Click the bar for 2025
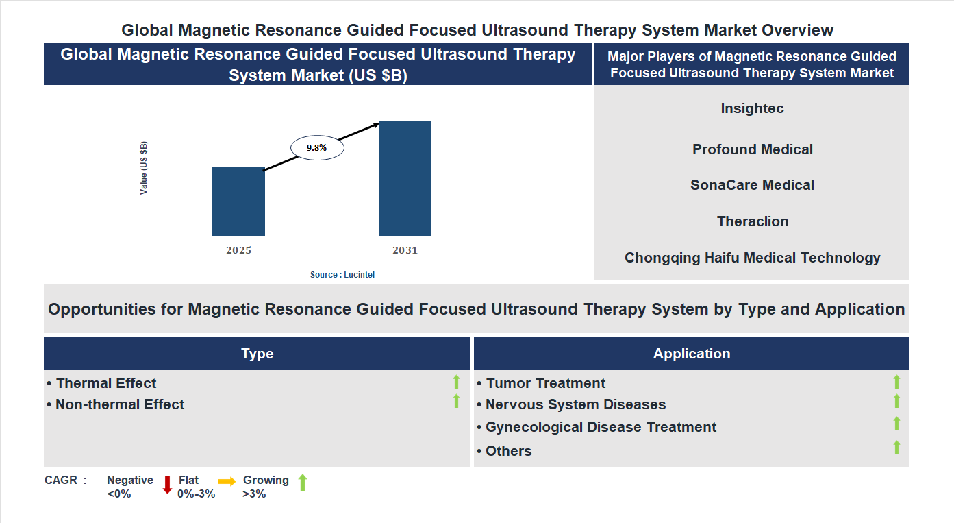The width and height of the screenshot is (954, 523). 238,202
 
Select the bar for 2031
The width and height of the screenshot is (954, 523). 405,179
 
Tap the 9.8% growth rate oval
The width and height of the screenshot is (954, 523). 317,148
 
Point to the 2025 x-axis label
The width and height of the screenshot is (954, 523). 238,250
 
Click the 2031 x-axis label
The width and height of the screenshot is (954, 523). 405,250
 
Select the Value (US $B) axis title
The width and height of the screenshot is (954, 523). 144,168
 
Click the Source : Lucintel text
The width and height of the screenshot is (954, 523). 342,274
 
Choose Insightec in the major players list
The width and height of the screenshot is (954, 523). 752,108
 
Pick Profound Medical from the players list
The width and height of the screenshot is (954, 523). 752,149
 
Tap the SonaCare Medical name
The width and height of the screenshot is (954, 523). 752,185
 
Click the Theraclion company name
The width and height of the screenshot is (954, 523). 752,221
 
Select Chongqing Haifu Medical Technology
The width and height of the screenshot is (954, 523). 752,258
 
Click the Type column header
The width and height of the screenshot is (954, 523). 257,354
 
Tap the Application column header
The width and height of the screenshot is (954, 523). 691,354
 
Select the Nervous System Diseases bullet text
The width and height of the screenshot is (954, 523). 575,404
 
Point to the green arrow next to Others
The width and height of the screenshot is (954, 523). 896,448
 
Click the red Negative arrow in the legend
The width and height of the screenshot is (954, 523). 167,485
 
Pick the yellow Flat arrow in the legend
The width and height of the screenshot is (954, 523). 227,482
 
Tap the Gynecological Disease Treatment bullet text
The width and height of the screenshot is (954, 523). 601,427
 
